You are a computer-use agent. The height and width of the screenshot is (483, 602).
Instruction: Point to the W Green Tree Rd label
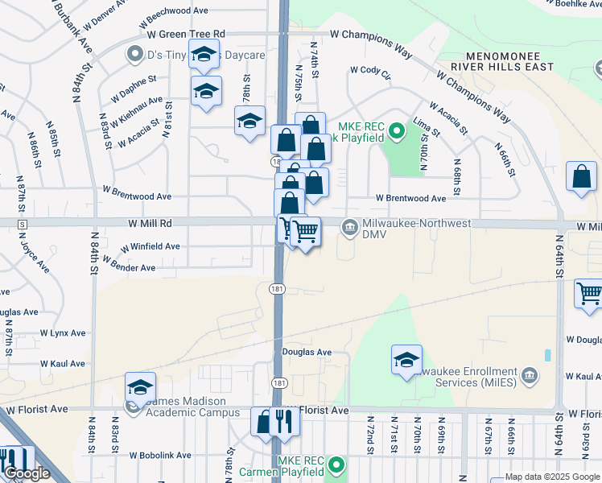click(185, 34)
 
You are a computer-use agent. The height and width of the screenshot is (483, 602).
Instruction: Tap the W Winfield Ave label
click(150, 246)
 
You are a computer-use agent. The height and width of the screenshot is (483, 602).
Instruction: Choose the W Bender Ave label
click(128, 266)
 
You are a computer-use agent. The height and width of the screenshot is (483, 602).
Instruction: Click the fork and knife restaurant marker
click(282, 420)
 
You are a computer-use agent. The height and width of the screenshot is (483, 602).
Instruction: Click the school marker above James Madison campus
click(140, 387)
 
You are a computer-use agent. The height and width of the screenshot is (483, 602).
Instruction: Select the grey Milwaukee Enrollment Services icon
click(530, 374)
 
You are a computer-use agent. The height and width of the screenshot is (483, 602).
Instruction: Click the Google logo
click(27, 474)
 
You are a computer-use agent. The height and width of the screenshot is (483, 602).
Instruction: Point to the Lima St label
click(425, 126)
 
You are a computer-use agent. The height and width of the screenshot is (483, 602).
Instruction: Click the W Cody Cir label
click(370, 72)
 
